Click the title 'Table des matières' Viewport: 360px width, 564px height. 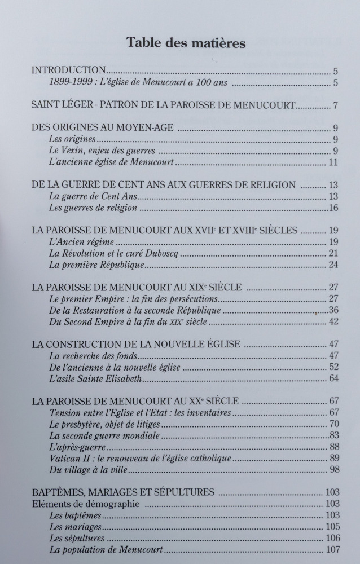coord(186,43)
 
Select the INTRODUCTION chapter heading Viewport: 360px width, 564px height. coord(68,71)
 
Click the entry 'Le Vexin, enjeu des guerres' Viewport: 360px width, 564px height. coord(102,151)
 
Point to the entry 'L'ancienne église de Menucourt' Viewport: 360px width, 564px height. coord(111,163)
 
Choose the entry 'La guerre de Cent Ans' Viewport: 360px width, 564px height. coord(93,197)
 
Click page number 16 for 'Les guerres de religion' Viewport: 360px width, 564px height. coord(333,209)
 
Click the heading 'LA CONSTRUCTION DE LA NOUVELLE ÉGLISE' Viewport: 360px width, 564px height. coord(136,345)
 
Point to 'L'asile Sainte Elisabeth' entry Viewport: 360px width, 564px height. coord(95,379)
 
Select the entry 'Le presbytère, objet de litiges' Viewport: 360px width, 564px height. coord(109,424)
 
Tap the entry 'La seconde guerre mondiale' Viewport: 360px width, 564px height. coord(104,435)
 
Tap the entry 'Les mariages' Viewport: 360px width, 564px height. coord(75,527)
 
